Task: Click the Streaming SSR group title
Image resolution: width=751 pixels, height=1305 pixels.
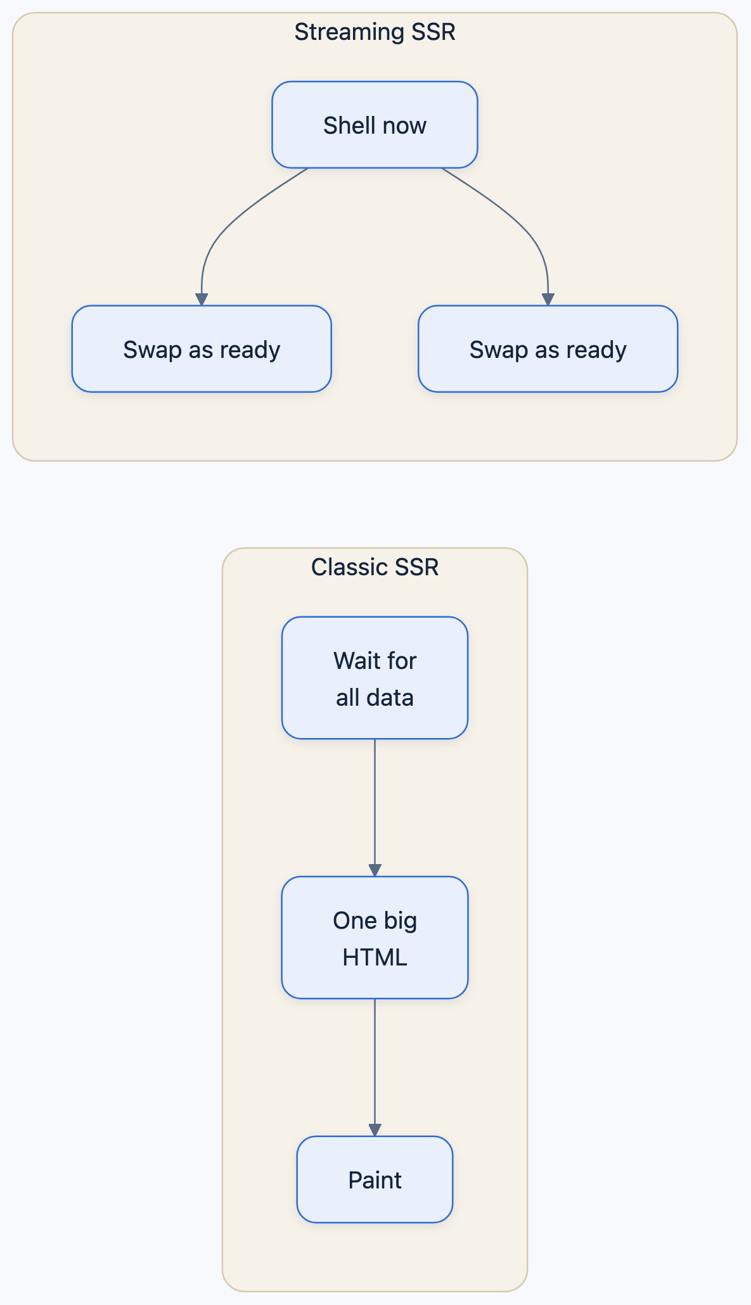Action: (375, 32)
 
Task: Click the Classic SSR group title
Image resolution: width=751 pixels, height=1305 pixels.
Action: (375, 567)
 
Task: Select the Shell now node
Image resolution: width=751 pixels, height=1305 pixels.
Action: (375, 125)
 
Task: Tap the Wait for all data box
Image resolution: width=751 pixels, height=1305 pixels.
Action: (375, 678)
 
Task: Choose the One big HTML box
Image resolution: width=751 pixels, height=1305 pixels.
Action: (375, 938)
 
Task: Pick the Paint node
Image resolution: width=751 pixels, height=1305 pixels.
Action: (375, 1180)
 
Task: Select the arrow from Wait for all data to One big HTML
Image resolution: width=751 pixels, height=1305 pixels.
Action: (375, 808)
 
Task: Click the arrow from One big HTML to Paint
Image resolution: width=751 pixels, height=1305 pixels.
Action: (375, 1067)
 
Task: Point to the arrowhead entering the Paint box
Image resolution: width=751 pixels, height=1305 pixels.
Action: (375, 1130)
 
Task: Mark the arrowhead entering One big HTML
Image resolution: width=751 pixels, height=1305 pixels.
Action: (375, 870)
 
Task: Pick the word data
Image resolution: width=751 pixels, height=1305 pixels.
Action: (391, 697)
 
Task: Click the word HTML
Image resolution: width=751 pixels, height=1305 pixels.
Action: (375, 957)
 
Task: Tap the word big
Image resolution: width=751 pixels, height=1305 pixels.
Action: (400, 921)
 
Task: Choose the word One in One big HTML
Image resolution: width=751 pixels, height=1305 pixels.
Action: (355, 920)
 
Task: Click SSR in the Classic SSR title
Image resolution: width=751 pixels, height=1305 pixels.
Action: (416, 567)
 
